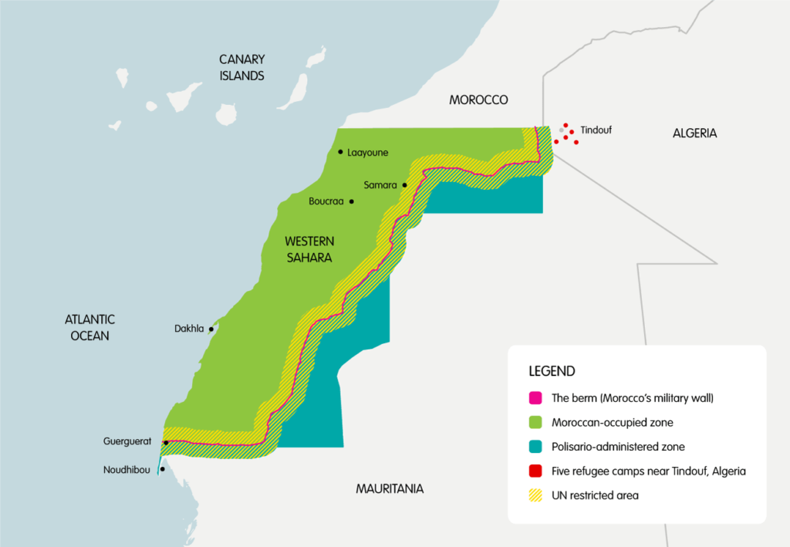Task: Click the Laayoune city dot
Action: pos(339,153)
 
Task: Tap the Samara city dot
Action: pos(404,185)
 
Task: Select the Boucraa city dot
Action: pos(351,201)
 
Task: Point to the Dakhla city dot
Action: pos(211,329)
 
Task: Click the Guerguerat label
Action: pos(130,442)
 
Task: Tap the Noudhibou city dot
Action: pos(162,469)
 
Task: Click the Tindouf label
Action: pos(596,130)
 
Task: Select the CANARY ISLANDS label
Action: pos(241,67)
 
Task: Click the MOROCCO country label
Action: pos(478,100)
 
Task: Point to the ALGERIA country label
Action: pos(694,133)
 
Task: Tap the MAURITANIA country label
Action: pos(390,488)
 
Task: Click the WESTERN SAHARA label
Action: pos(309,249)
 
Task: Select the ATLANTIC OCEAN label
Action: pos(89,327)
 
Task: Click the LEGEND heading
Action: pos(552,371)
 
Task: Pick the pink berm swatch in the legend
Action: pos(535,399)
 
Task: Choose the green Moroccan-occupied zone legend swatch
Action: pos(535,423)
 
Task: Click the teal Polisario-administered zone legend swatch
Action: pos(535,447)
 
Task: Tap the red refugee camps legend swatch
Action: pos(535,471)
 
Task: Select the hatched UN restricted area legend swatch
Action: pos(535,495)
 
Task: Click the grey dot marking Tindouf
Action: pos(562,130)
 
